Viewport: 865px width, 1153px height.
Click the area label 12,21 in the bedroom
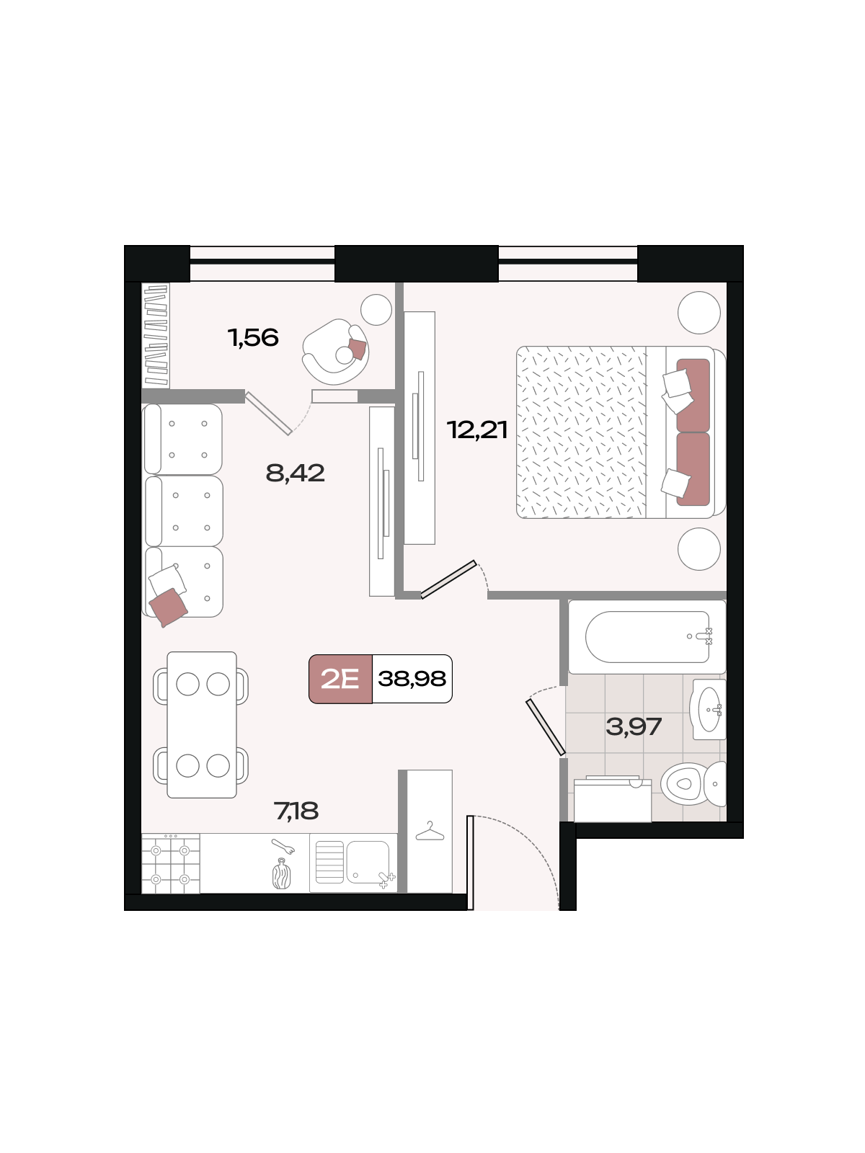[x=477, y=430]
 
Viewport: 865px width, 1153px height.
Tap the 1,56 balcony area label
[x=253, y=338]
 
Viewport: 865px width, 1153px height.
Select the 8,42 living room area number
[x=295, y=473]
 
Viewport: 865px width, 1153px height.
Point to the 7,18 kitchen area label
[x=296, y=811]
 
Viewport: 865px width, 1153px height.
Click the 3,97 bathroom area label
[x=634, y=727]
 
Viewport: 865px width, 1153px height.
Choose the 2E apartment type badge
[x=340, y=680]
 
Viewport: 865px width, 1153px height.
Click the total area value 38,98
[x=412, y=680]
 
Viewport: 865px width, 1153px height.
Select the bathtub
[x=647, y=636]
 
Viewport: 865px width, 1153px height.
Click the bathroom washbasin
[x=709, y=710]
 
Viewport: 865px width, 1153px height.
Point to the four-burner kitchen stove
[x=171, y=863]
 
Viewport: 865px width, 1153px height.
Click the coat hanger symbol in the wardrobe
[x=430, y=832]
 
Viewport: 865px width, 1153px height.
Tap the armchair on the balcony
[x=336, y=352]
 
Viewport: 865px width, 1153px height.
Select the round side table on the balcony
[x=376, y=310]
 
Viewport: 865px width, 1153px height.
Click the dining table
[x=202, y=725]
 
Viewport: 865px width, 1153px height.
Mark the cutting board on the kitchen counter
[x=282, y=874]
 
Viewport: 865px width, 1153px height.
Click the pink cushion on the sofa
[x=168, y=607]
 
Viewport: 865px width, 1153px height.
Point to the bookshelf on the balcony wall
[x=156, y=335]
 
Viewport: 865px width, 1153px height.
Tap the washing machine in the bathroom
[x=613, y=799]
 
